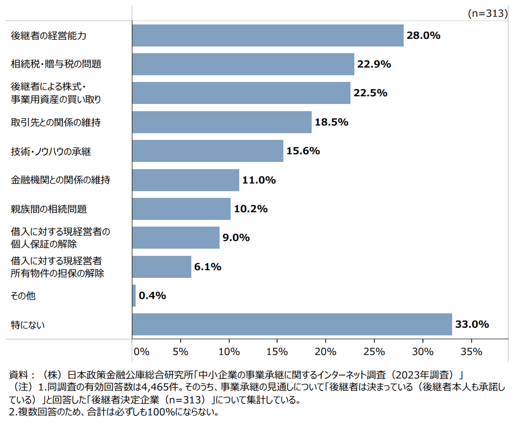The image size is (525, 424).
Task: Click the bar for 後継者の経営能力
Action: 268,35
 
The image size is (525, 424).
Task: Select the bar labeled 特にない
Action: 292,324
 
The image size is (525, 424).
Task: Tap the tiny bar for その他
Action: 134,296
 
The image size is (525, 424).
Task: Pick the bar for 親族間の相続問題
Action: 181,209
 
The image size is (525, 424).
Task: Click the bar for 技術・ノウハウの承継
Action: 208,151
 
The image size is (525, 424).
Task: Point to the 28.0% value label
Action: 423,35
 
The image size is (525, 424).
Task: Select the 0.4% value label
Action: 152,296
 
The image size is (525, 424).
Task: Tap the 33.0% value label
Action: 472,324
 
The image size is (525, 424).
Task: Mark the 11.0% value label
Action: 259,180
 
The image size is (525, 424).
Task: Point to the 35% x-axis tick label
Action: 471,352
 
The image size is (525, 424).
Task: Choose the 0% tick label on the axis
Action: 142,352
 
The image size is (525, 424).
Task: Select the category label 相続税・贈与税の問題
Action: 56,64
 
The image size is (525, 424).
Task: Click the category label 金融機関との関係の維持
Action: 60,180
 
